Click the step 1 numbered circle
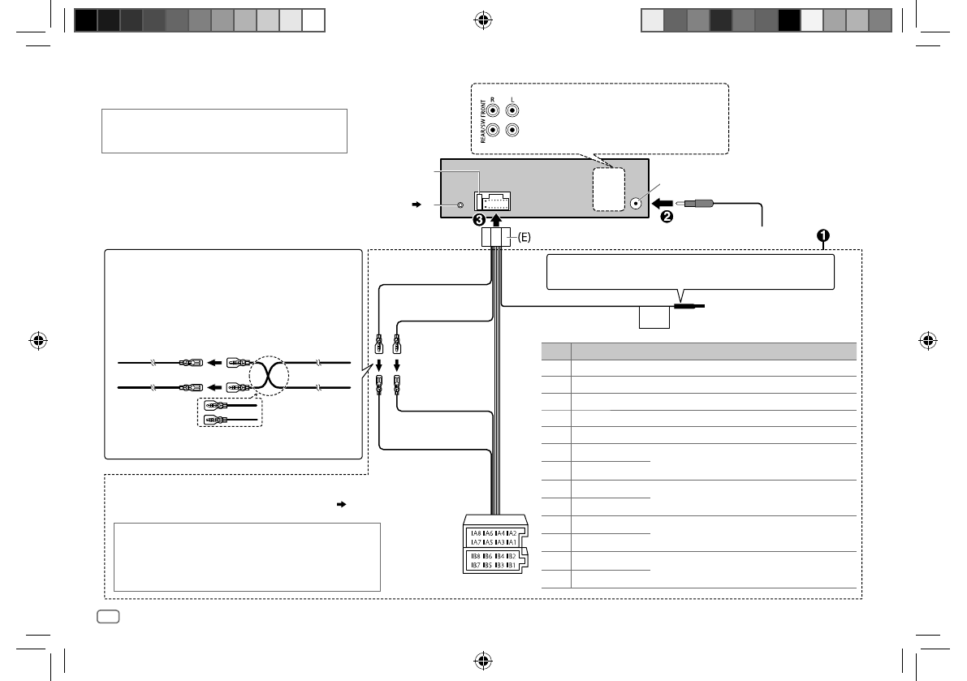click(x=822, y=235)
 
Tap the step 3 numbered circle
click(x=481, y=219)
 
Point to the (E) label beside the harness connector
click(x=524, y=237)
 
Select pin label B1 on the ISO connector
click(x=512, y=564)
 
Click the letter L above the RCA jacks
click(x=512, y=101)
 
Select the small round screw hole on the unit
click(x=461, y=206)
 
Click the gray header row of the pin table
click(x=698, y=351)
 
